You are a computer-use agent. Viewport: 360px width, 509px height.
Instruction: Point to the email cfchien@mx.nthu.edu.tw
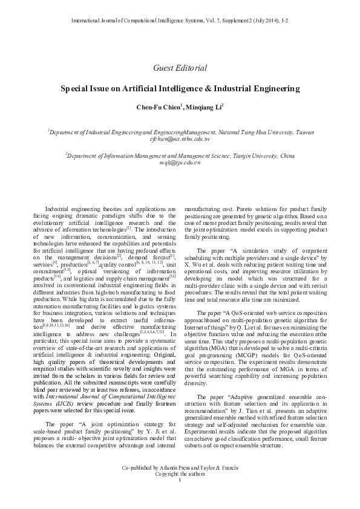[x=180, y=139]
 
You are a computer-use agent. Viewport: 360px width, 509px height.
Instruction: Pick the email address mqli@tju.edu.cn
[x=180, y=163]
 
